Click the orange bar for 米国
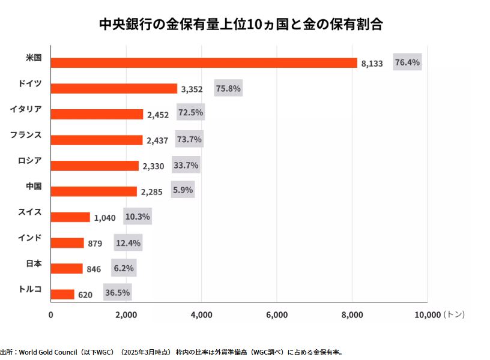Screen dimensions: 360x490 pyautogui.click(x=204, y=63)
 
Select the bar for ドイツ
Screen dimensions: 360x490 pyautogui.click(x=114, y=89)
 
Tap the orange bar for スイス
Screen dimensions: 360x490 pyautogui.click(x=70, y=217)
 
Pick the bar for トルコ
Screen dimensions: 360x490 pyautogui.click(x=62, y=294)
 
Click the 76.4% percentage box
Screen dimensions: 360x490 pyautogui.click(x=407, y=62)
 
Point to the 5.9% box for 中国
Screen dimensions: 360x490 pyautogui.click(x=183, y=190)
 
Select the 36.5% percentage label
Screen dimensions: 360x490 pyautogui.click(x=118, y=293)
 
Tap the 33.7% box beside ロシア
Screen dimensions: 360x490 pyautogui.click(x=186, y=165)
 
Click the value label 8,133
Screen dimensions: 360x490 pyautogui.click(x=372, y=64)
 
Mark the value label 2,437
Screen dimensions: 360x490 pyautogui.click(x=158, y=140)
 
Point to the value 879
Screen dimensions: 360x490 pyautogui.click(x=95, y=244)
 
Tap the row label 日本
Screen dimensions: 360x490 pyautogui.click(x=34, y=263)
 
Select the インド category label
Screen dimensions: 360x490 pyautogui.click(x=30, y=237)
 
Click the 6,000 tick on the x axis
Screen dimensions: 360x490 pyautogui.click(x=276, y=314)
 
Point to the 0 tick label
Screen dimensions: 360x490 pyautogui.click(x=51, y=314)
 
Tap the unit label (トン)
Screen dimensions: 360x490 pyautogui.click(x=453, y=314)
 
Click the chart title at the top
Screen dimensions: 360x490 pyautogui.click(x=241, y=25)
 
